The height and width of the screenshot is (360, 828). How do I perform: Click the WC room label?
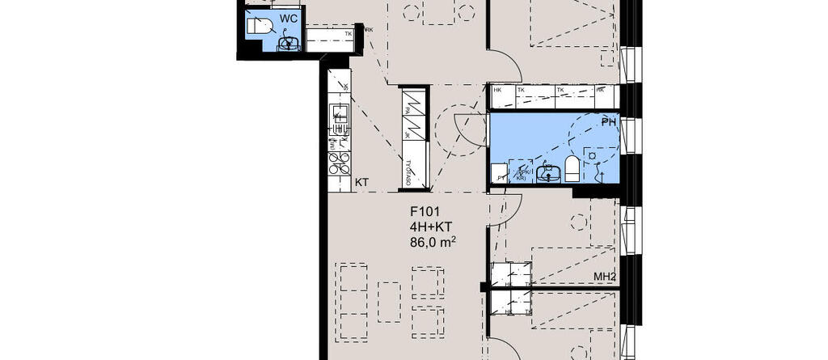coord(288,18)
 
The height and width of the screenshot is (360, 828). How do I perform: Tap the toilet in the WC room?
coord(257,27)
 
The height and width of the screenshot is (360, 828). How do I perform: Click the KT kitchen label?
coord(361,183)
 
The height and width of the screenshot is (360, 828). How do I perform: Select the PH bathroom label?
coord(608,121)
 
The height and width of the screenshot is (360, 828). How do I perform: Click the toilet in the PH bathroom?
coord(572,168)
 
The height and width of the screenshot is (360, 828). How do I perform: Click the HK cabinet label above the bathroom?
coord(497,90)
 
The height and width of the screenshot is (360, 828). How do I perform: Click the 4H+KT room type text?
coord(430,227)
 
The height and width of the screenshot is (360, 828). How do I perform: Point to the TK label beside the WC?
coord(349,34)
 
